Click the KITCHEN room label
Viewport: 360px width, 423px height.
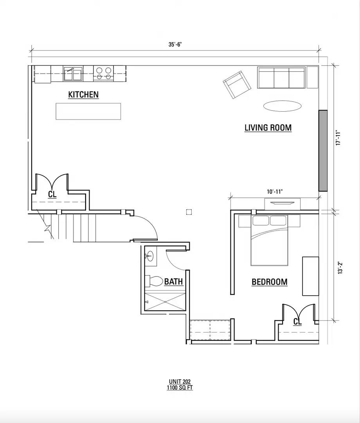click(83, 95)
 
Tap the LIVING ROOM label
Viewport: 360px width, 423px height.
click(268, 128)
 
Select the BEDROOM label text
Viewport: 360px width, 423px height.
click(270, 282)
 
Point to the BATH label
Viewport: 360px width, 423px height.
click(173, 282)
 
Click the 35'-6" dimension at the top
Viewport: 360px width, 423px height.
click(175, 45)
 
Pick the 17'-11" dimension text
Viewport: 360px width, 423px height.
click(339, 138)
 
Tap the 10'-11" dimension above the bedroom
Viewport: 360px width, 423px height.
click(275, 192)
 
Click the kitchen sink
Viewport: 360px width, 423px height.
click(73, 73)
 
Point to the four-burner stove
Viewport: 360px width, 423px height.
click(104, 73)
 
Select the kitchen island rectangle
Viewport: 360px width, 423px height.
click(88, 111)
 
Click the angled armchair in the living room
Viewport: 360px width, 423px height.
click(237, 85)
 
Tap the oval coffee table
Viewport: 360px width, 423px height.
click(282, 105)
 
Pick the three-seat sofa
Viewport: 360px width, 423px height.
click(281, 78)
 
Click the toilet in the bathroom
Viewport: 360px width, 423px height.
click(154, 281)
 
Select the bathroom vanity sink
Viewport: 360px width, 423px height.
click(150, 256)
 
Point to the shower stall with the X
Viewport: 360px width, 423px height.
click(165, 302)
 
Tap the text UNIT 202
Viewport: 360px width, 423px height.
click(180, 382)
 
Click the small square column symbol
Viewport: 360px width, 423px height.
click(189, 212)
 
